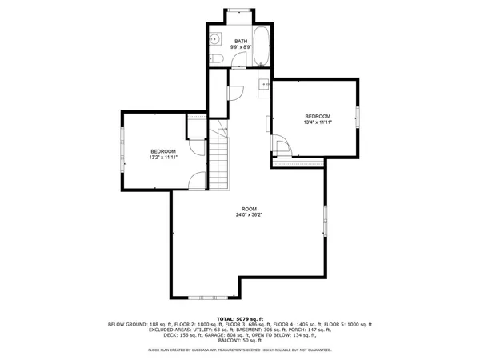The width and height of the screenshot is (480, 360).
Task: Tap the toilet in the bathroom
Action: (x=216, y=59)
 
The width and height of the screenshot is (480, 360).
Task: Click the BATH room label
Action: (x=240, y=41)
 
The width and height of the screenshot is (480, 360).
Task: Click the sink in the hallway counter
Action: (x=263, y=86)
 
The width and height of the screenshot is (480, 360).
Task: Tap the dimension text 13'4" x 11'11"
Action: (x=318, y=122)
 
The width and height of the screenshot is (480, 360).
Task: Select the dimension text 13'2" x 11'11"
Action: (x=163, y=158)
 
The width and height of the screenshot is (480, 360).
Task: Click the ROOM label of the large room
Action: (x=250, y=208)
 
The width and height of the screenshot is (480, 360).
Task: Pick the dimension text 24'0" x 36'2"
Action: (x=250, y=214)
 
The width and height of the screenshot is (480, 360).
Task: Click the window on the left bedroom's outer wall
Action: (x=122, y=150)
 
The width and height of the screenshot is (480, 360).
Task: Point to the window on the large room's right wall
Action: (x=326, y=220)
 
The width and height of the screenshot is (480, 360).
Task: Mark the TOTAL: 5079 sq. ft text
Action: (x=239, y=318)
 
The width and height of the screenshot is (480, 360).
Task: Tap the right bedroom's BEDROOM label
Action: (x=318, y=115)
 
